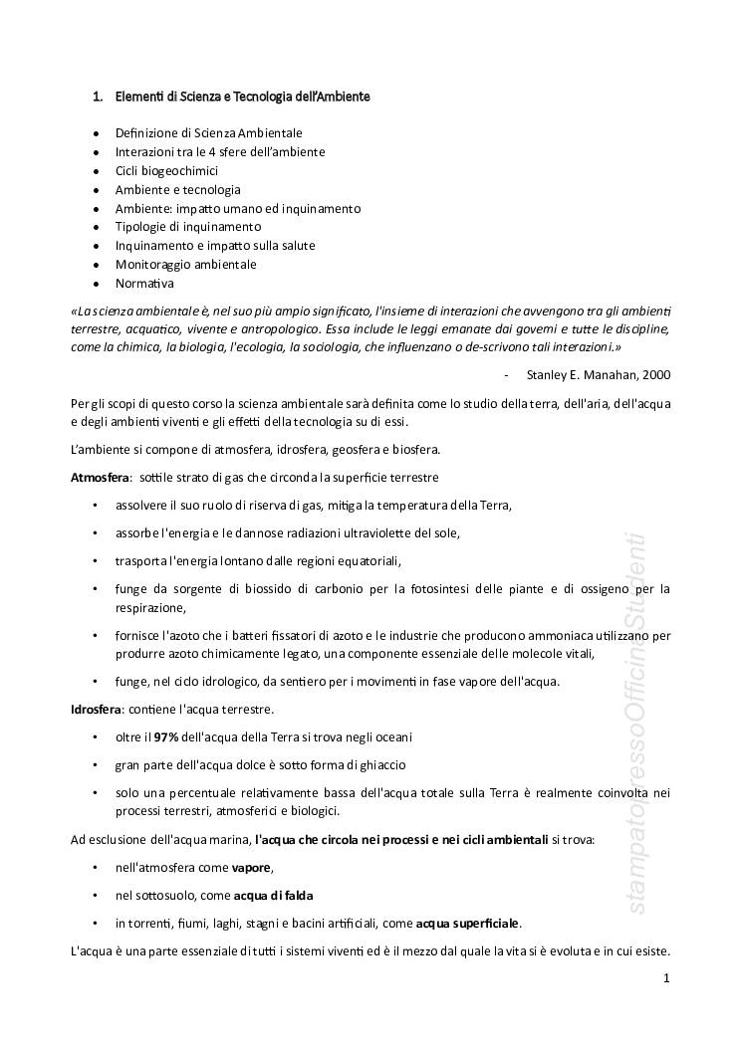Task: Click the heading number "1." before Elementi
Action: (x=98, y=97)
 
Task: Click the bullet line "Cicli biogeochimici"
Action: (x=166, y=170)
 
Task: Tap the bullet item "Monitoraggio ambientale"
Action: (x=185, y=265)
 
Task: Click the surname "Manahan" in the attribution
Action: (x=606, y=375)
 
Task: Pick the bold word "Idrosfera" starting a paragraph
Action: (x=96, y=710)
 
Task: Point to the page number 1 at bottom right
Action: (x=666, y=979)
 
